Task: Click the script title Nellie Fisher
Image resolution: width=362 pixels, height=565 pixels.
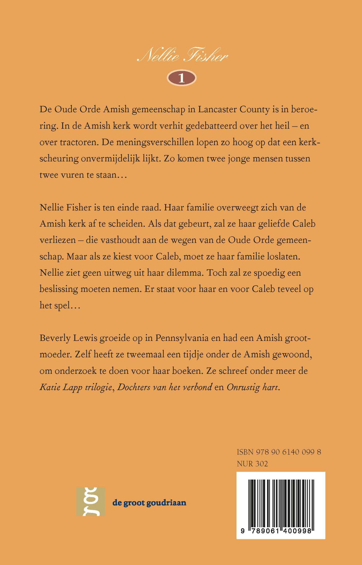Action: (182, 56)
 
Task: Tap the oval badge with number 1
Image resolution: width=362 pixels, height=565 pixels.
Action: (181, 78)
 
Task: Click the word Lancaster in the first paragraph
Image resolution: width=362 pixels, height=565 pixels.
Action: (217, 109)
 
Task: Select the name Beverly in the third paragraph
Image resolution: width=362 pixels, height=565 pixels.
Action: (55, 338)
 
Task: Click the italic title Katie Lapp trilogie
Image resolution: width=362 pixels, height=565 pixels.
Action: (76, 387)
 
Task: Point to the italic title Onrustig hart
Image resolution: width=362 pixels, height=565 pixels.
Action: (253, 387)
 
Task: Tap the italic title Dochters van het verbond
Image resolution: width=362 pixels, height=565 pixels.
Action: (165, 387)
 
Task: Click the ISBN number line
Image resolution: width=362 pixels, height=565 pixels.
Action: (279, 452)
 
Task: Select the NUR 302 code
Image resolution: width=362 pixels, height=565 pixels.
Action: (252, 463)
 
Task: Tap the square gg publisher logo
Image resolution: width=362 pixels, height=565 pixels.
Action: (91, 502)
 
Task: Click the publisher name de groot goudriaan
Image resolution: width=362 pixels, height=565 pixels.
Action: (149, 503)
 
